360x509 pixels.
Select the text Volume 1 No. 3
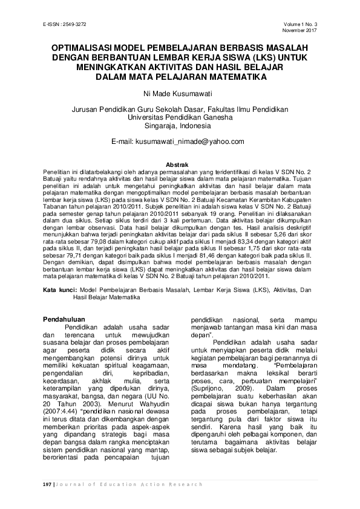pyautogui.click(x=301, y=24)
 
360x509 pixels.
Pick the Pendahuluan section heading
pyautogui.click(x=71, y=319)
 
